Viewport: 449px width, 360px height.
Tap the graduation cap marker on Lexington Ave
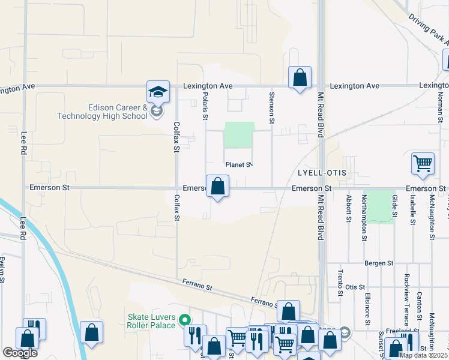coord(158,92)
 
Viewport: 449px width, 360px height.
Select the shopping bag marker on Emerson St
coord(217,186)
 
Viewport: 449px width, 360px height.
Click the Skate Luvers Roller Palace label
coord(151,321)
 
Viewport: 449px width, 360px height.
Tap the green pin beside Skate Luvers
coord(185,320)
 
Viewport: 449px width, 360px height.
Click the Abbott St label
coord(348,208)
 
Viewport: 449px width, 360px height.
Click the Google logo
coord(20,353)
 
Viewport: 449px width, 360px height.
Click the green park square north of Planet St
coord(239,135)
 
